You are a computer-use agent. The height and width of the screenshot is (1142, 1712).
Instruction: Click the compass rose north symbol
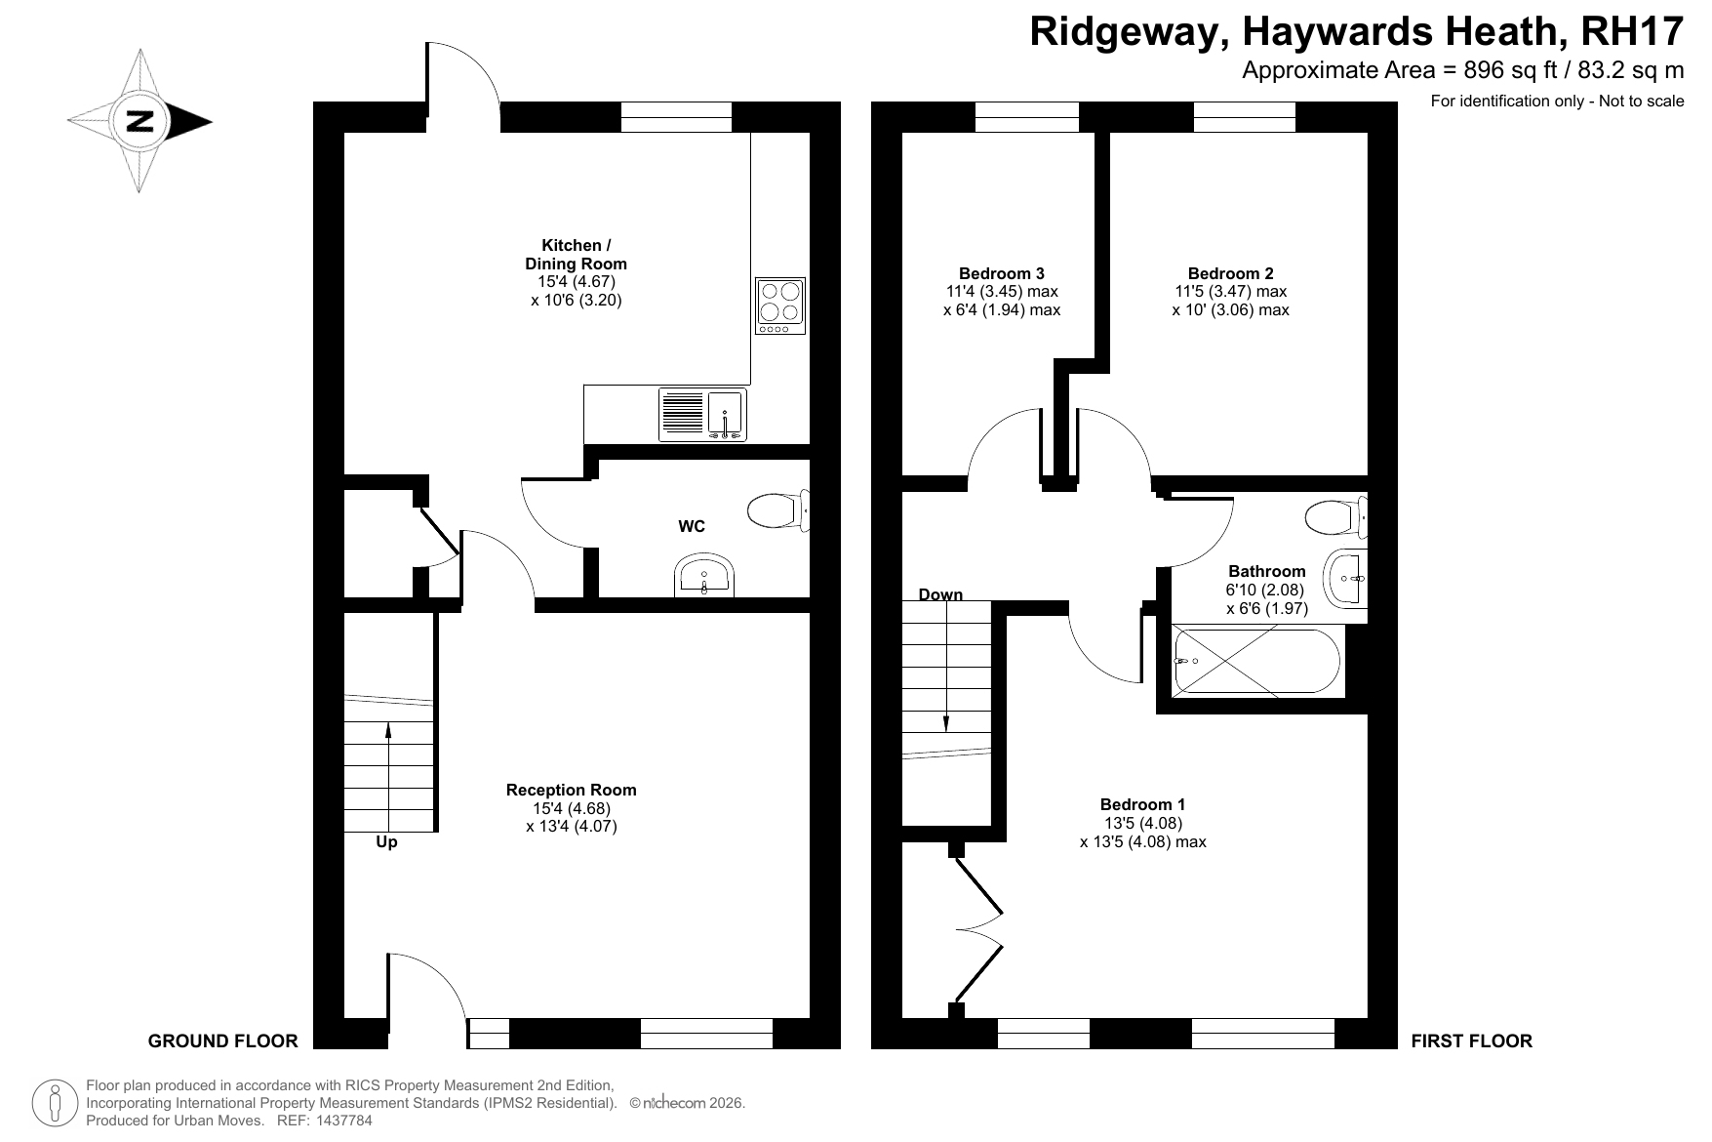point(139,121)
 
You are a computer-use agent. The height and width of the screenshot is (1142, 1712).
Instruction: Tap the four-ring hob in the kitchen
point(780,306)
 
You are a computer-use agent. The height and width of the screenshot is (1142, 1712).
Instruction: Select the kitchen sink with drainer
point(701,414)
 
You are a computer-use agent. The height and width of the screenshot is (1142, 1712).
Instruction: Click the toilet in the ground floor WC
point(777,509)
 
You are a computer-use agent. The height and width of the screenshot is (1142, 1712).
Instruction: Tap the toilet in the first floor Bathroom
point(1336,516)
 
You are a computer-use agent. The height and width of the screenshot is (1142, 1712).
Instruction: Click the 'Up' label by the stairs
point(386,841)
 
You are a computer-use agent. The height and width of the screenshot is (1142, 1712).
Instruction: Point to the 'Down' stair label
point(940,594)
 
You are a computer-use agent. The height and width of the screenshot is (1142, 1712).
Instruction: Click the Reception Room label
point(571,790)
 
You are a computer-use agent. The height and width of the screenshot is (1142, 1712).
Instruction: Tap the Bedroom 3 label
point(1002,273)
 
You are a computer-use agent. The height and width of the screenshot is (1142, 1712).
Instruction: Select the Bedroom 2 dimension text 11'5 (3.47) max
point(1230,291)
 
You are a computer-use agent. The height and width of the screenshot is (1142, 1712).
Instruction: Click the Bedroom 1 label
point(1142,804)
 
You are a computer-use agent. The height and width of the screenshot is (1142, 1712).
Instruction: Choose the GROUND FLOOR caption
point(222,1040)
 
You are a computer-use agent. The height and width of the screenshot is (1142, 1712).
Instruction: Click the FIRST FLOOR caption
point(1471,1040)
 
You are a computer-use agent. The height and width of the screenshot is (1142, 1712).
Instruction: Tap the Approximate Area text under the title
point(1462,70)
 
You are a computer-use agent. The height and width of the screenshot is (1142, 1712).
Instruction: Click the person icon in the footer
point(55,1102)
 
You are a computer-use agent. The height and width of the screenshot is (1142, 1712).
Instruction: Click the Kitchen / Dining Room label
point(576,255)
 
